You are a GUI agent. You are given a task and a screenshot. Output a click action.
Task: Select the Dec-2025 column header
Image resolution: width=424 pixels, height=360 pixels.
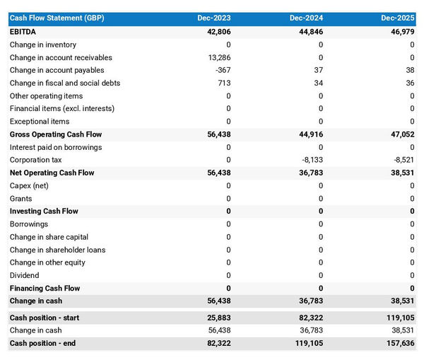[x=398, y=18]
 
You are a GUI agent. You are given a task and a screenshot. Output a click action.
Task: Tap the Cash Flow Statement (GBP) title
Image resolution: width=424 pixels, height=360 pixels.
[x=57, y=18]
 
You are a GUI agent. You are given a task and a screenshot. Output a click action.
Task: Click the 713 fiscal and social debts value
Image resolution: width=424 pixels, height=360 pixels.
[x=223, y=83]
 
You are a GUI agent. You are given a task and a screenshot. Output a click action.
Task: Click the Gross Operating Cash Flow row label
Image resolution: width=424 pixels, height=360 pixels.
[x=56, y=134]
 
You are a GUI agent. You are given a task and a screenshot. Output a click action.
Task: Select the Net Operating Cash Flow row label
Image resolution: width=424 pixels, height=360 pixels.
[x=52, y=173]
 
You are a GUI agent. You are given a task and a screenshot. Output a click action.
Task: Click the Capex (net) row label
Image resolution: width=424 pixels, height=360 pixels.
[x=29, y=185]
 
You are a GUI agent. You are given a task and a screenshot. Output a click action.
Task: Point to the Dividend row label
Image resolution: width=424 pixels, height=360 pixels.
[x=25, y=275]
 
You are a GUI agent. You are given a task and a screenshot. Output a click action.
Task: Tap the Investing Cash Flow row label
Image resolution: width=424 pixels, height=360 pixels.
[x=44, y=211]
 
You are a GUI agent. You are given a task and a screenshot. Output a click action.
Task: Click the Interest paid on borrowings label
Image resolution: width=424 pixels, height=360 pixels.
[x=56, y=147]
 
